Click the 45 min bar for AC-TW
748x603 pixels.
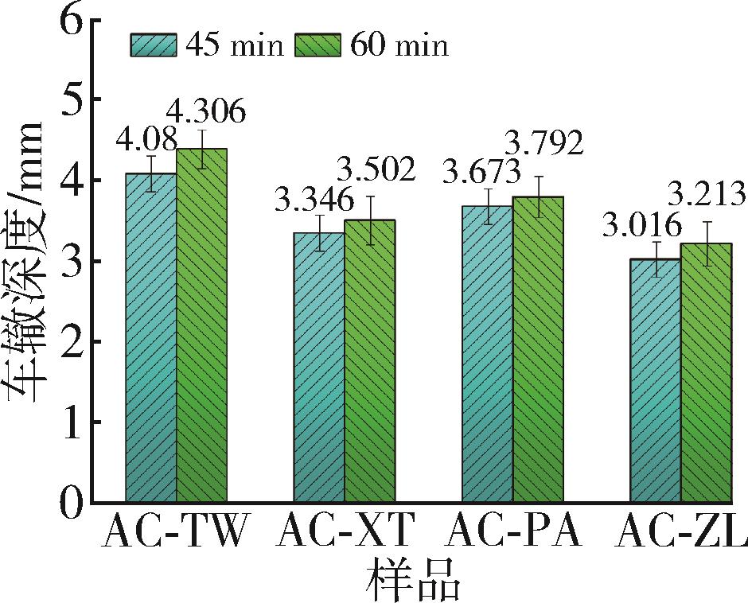151,338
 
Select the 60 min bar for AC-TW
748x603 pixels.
201,326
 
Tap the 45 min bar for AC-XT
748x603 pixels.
319,368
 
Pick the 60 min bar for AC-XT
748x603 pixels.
369,361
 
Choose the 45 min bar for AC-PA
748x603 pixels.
487,354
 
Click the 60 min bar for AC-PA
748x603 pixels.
537,350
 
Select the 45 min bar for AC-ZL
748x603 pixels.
655,380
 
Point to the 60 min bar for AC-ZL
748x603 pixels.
706,373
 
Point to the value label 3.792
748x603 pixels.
543,144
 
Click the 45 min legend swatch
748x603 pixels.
154,45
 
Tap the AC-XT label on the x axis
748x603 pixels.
346,532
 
